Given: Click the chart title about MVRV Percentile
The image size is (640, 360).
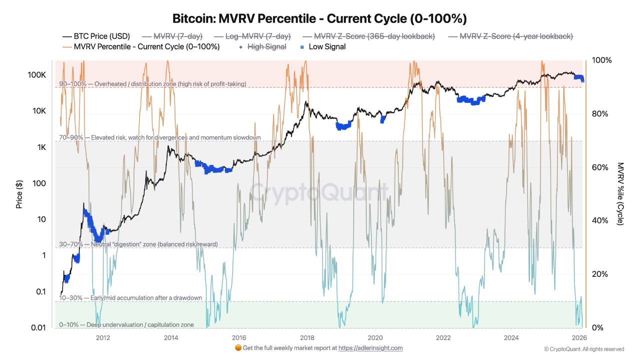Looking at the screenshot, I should click(x=319, y=19).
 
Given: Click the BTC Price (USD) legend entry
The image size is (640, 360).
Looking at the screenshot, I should click(x=96, y=36).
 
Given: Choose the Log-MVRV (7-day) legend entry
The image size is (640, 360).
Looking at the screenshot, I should click(x=252, y=36).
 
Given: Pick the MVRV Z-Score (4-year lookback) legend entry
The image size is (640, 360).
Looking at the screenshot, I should click(x=510, y=36).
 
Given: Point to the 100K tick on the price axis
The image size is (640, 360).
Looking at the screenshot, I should click(x=36, y=74).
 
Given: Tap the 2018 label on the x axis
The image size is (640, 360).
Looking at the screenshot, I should click(x=307, y=337).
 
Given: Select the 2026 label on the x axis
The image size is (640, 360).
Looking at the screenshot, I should click(x=579, y=337).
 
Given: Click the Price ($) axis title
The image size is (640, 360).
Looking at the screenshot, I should click(x=19, y=194).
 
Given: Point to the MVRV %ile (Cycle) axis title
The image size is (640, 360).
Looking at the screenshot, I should click(x=620, y=193).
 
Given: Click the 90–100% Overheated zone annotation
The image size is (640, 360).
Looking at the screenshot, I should click(x=152, y=84).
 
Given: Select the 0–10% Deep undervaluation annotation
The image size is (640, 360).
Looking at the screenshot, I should click(x=126, y=324).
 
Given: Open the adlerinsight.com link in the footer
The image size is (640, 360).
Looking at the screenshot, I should click(x=370, y=348).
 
